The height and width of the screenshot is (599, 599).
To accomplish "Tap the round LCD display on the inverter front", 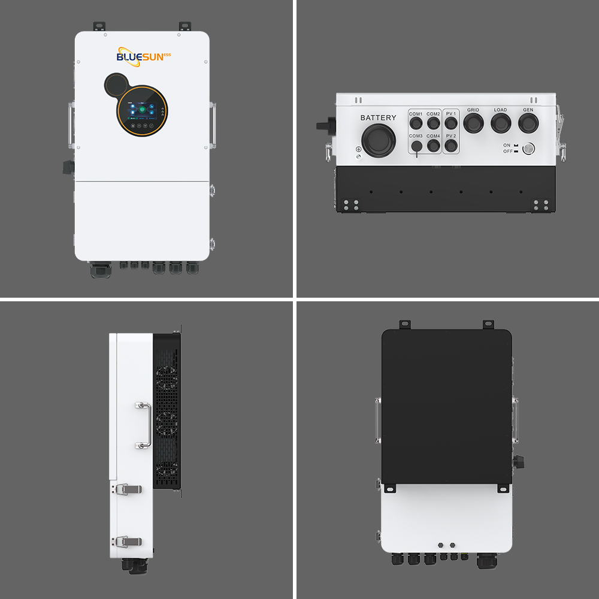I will coord(142,112).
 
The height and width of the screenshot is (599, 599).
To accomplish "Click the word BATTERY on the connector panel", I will coord(378,117).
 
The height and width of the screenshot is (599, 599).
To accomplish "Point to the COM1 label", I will coord(416,114).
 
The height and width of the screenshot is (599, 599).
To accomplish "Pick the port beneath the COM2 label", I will coord(433,124).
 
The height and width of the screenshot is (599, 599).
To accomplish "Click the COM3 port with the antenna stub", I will coord(416,146).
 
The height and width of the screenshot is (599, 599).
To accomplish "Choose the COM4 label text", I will coord(433,136).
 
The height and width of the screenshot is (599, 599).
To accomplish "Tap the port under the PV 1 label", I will coord(451,124).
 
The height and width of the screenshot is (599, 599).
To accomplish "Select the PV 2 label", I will coord(451,136).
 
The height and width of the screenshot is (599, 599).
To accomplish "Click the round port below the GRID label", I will coord(473,123).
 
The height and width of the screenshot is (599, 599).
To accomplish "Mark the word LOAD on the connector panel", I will coord(500,110).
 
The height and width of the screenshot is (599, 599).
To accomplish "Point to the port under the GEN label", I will coord(528,123).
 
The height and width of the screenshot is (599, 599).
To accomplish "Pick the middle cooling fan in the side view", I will coord(167,422).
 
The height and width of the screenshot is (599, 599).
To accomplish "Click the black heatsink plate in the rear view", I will coord(446,407).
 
